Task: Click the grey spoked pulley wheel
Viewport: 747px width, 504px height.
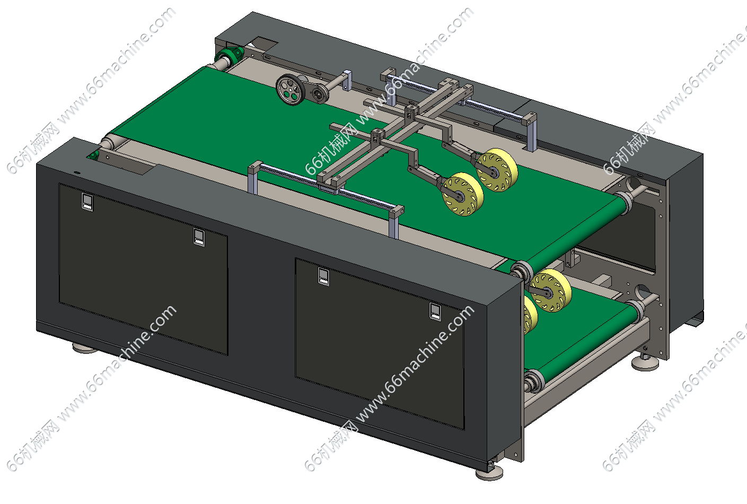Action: [291, 90]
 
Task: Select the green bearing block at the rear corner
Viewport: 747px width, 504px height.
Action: [231, 55]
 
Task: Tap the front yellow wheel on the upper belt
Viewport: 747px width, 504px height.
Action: [462, 194]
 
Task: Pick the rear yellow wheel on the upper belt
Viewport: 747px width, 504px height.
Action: [497, 170]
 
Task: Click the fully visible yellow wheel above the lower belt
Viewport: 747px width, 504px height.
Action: [551, 290]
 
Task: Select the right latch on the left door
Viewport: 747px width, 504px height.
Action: [199, 237]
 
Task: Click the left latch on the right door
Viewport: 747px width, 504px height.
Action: [323, 276]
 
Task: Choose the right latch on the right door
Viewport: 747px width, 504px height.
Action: [435, 312]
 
